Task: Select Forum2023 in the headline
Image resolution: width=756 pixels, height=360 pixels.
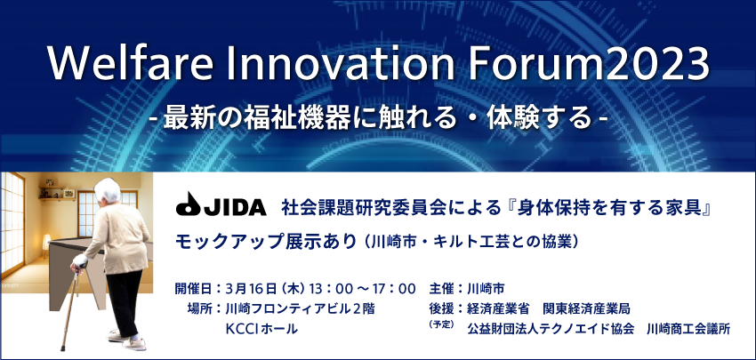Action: coord(588,63)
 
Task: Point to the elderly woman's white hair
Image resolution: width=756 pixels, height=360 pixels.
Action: coord(107,190)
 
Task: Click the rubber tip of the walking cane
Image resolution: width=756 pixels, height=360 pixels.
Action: coord(63,347)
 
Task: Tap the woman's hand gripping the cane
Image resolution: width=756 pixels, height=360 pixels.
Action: coord(79,261)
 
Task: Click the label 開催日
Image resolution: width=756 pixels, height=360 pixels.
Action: coord(193,289)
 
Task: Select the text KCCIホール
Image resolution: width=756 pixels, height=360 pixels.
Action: coord(261,329)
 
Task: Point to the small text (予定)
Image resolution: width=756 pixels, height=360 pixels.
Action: coord(441,324)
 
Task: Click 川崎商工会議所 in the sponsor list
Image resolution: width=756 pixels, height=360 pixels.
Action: coord(689,329)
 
